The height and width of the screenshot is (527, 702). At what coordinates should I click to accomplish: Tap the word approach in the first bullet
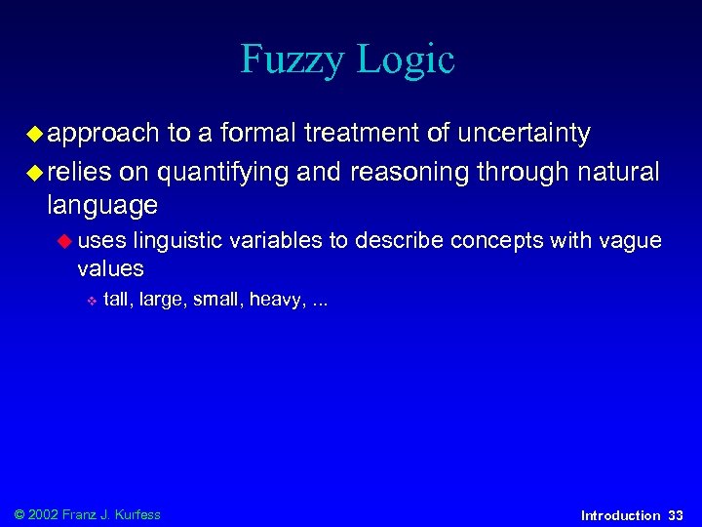coord(102,134)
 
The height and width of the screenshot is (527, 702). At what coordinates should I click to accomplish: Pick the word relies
coord(78,173)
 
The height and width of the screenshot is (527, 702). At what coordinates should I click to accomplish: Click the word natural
coord(618,173)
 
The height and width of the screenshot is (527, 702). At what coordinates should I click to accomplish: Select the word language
coord(101,206)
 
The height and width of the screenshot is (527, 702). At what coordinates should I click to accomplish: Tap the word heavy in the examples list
coord(276,300)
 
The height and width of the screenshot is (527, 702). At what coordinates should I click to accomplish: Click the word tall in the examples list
coord(115,300)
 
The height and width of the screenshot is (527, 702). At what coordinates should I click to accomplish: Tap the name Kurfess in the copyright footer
coord(136,514)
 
